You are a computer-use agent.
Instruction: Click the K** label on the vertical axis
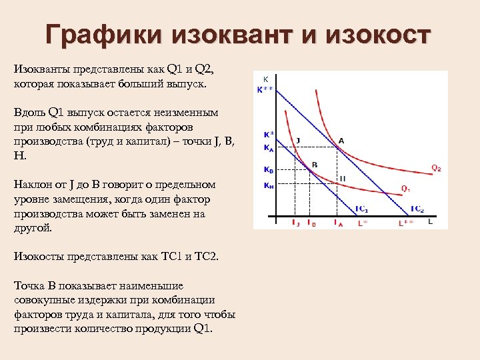(x=265, y=89)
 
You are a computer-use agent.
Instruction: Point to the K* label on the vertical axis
(x=268, y=134)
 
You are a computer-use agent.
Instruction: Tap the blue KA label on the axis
(x=267, y=147)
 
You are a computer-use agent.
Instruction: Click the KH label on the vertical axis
(x=268, y=186)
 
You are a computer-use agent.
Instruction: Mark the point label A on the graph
(x=341, y=140)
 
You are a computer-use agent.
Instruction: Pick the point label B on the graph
(x=315, y=164)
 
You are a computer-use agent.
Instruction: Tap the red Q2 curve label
(x=436, y=169)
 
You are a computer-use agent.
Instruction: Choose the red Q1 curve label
(x=405, y=188)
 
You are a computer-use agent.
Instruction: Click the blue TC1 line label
(x=361, y=209)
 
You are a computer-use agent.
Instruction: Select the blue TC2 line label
(x=417, y=209)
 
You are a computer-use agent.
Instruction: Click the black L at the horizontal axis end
(x=430, y=221)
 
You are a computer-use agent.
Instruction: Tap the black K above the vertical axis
(x=265, y=79)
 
